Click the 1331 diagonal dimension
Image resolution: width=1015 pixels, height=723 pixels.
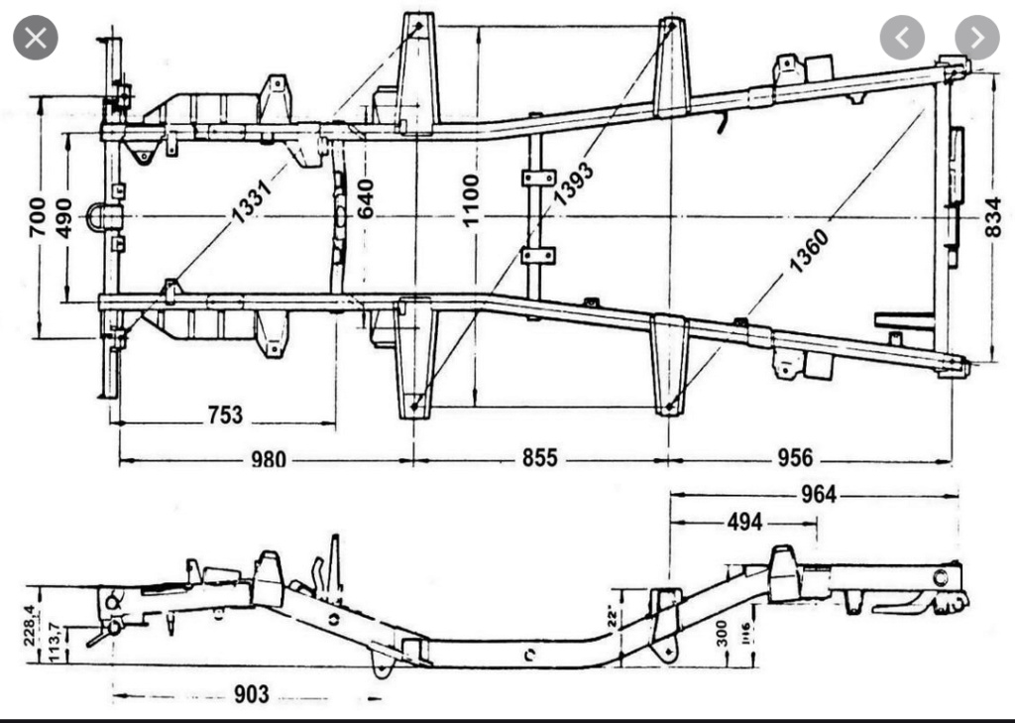tap(252, 194)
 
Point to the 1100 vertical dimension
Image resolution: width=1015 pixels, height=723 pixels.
tap(471, 199)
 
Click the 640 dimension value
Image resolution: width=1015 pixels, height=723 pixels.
tap(365, 199)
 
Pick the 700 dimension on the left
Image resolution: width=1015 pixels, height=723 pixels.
tap(37, 216)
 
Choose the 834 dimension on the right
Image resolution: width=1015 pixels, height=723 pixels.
tap(994, 216)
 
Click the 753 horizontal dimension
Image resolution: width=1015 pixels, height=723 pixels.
tap(225, 415)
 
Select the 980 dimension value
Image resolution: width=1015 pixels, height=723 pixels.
tap(268, 459)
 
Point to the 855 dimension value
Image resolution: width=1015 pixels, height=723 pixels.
tap(539, 458)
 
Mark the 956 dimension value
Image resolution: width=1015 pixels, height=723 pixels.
tap(795, 458)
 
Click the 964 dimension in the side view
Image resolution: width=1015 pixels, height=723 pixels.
tap(817, 494)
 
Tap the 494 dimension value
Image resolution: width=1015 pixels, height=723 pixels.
tap(744, 521)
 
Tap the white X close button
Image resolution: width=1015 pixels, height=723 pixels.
tap(35, 39)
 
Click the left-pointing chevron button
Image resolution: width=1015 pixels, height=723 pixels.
tap(902, 39)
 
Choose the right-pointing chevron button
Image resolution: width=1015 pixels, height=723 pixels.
tap(977, 39)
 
